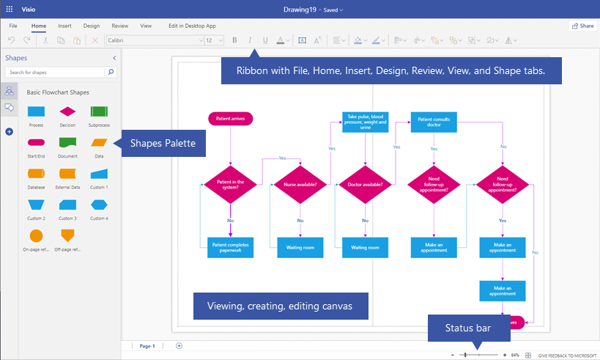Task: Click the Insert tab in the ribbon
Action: point(64,26)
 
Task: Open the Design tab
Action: point(92,26)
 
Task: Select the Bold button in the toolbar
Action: point(234,40)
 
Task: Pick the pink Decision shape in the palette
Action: point(67,111)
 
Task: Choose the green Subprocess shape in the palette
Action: point(100,111)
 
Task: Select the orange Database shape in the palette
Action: point(36,174)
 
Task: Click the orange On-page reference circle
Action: point(36,235)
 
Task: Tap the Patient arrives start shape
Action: point(230,118)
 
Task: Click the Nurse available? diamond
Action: point(300,184)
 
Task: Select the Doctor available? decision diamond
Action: point(365,184)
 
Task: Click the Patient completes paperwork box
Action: point(230,247)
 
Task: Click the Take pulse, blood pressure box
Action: point(365,122)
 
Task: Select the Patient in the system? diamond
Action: point(230,184)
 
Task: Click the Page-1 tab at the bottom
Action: point(147,345)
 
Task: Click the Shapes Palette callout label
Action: point(162,143)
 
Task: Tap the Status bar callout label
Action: point(469,328)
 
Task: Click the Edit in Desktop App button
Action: point(193,26)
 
